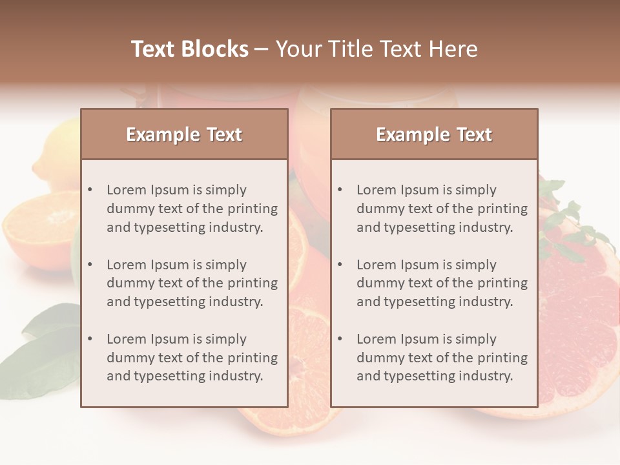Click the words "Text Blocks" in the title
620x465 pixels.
(189, 49)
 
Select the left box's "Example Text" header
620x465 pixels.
(184, 134)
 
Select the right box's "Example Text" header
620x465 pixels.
(434, 134)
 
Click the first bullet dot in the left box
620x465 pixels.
(90, 190)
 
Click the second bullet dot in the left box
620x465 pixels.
(90, 265)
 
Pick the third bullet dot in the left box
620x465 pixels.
(90, 339)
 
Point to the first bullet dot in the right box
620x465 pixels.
(340, 190)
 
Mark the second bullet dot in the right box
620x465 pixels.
(340, 265)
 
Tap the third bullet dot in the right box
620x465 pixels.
(340, 339)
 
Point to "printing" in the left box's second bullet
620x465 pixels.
(254, 283)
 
